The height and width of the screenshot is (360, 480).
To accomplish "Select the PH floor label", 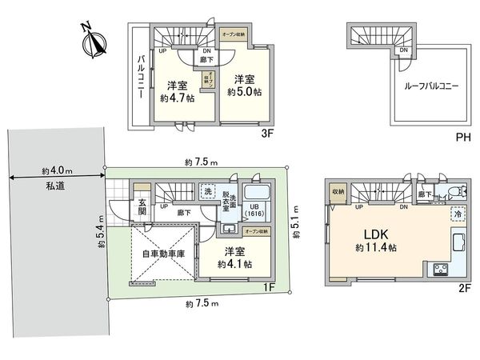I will coord(462,138).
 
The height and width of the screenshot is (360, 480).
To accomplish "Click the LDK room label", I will coord(376,234).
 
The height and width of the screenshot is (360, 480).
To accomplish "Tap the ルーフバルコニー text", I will coord(430,86).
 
